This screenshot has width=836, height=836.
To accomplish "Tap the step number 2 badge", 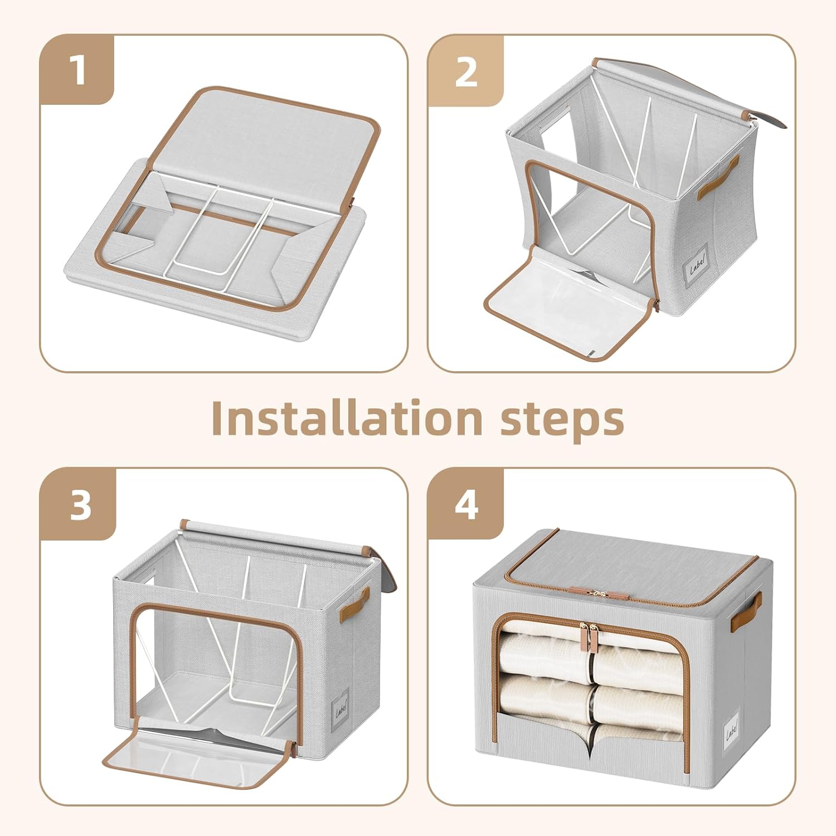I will [x=465, y=71].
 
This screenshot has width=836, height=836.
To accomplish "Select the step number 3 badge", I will [x=79, y=505].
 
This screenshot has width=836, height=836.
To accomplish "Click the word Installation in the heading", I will [x=346, y=419].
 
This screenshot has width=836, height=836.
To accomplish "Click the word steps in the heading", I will [x=561, y=419].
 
